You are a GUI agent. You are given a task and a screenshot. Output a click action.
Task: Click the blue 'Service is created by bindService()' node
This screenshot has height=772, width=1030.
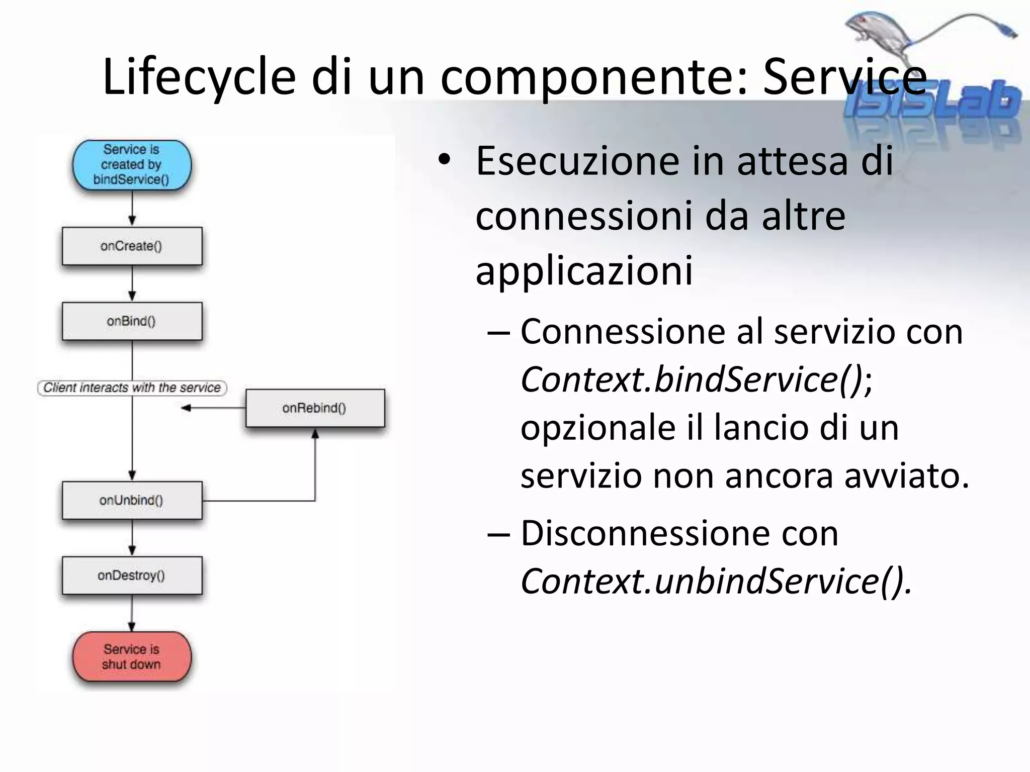pos(132,165)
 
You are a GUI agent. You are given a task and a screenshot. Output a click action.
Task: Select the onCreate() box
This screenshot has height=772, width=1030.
pos(132,246)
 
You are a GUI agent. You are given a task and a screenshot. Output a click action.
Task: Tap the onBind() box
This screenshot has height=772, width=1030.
pos(132,321)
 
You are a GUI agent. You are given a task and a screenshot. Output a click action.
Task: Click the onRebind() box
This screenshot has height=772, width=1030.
pos(315,408)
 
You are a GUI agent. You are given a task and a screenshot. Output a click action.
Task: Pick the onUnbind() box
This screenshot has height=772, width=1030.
pos(132,501)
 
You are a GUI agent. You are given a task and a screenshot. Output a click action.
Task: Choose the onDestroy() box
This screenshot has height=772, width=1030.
pos(132,575)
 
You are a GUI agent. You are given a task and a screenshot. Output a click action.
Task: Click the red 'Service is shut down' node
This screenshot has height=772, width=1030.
pos(132,657)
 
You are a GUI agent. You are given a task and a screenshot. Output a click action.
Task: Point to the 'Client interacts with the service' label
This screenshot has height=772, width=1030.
pos(132,388)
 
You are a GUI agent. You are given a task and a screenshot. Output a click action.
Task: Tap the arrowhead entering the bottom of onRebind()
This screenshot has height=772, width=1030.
pos(315,433)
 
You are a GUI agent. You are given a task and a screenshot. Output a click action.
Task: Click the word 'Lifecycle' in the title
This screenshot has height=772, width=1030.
pos(199,77)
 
